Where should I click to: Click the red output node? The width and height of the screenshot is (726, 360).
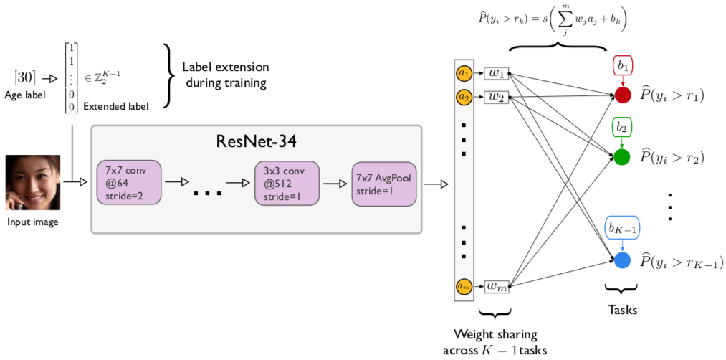622,95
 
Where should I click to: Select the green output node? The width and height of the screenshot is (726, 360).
622,156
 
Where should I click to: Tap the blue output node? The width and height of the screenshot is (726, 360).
622,260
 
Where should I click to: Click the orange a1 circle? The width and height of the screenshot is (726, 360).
464,72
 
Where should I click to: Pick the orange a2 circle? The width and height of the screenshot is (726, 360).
464,96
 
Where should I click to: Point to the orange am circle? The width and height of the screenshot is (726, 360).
464,285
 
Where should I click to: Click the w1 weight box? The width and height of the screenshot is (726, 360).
496,72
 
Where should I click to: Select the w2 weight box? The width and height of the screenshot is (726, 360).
496,96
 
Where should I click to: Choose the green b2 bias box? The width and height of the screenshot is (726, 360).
622,128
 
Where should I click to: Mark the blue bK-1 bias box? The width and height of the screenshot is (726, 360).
622,229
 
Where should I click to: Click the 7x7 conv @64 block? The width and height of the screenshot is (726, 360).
129,183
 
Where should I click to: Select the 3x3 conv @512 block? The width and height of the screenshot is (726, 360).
286,183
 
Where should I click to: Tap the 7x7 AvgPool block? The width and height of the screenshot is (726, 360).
383,183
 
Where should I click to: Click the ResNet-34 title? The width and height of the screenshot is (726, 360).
256,141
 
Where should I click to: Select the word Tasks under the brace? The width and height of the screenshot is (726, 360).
621,310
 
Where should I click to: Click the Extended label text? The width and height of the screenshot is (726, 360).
116,107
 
